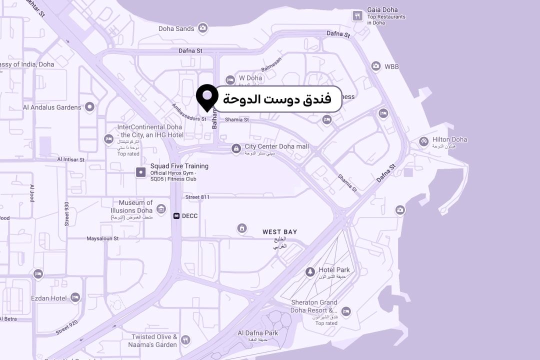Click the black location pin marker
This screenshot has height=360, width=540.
(x=206, y=96)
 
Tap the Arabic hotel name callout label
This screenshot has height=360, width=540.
(x=277, y=98)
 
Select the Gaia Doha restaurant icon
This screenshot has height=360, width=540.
(x=357, y=15)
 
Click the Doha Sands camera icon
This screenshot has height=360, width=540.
(x=202, y=28)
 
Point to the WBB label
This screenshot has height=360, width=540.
(x=391, y=66)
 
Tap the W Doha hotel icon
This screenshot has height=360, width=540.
(x=230, y=79)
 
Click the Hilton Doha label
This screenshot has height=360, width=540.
(x=449, y=139)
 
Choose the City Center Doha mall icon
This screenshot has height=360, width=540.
(x=235, y=148)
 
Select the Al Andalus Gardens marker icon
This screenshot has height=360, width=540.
(x=89, y=106)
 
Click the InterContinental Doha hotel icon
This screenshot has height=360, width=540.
(x=108, y=138)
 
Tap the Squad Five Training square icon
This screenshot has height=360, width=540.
(x=141, y=172)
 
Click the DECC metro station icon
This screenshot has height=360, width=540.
(x=176, y=216)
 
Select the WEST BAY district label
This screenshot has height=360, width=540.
(x=279, y=232)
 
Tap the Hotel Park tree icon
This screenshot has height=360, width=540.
(x=310, y=272)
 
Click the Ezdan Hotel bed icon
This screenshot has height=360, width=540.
(x=75, y=297)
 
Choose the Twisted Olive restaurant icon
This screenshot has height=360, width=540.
(x=185, y=340)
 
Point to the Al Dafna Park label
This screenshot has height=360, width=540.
(x=257, y=333)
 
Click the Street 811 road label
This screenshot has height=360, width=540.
(x=197, y=197)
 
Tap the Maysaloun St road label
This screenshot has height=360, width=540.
(x=102, y=238)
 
